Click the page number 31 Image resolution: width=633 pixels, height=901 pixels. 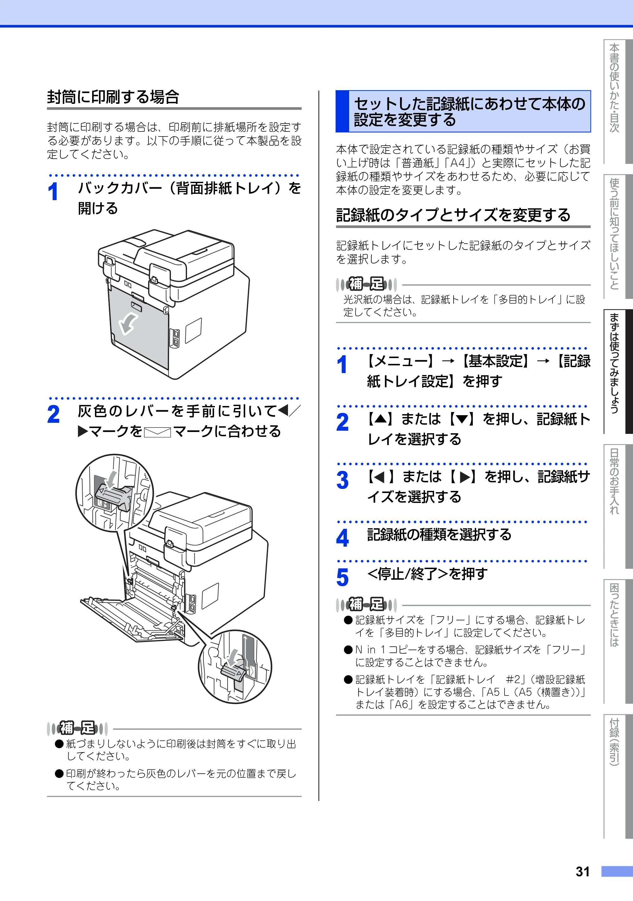(583, 872)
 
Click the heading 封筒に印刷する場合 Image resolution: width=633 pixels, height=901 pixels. (113, 97)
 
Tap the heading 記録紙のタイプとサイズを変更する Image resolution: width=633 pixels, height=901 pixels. (453, 215)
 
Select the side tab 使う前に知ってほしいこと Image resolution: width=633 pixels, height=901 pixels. (614, 234)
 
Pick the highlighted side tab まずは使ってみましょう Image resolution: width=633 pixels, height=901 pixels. (614, 363)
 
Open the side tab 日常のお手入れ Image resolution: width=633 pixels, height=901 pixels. (614, 481)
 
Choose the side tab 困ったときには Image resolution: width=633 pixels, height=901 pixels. (614, 615)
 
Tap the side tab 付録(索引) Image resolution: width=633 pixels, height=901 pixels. (614, 742)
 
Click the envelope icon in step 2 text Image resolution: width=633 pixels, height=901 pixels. (158, 432)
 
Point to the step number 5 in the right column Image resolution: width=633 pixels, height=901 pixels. (342, 578)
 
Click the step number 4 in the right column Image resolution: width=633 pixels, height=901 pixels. (342, 538)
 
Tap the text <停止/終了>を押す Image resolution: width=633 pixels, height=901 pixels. (427, 574)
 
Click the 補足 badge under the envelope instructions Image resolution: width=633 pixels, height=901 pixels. (77, 728)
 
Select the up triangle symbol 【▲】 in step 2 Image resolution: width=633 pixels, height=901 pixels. (380, 419)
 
